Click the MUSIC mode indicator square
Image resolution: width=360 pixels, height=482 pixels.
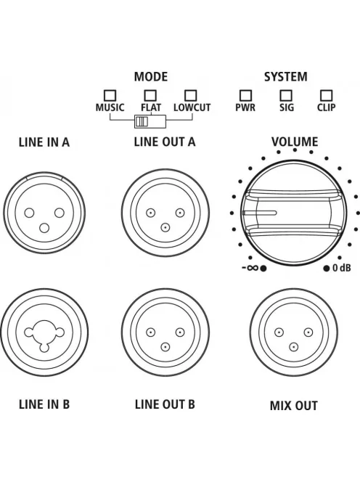point(110,96)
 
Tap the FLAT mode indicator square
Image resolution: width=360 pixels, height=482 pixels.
point(150,96)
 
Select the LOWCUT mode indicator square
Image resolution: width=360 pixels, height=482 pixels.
point(190,96)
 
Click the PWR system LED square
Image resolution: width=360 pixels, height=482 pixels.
point(245,96)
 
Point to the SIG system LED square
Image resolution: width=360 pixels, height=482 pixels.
point(286,96)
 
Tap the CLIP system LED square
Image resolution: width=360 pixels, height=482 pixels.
point(326,96)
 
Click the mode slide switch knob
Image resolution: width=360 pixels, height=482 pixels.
point(142,121)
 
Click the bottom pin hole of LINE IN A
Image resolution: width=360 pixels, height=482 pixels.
point(44,228)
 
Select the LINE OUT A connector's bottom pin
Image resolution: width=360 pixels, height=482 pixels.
point(165,227)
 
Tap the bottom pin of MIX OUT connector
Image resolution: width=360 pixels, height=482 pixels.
point(294,347)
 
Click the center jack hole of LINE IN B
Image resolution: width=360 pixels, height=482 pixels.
point(44,332)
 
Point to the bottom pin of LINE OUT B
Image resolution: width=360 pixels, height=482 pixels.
point(165,347)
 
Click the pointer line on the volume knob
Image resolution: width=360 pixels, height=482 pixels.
point(259,213)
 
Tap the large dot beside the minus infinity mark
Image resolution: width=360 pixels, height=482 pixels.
point(263,269)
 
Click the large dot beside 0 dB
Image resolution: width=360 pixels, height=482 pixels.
point(327,269)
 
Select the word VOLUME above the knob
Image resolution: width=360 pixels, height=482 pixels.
point(295,142)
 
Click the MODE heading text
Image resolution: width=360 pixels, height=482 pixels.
point(151,76)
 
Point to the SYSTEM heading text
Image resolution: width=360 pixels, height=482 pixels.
point(285,76)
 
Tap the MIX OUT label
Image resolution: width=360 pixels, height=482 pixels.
point(294,406)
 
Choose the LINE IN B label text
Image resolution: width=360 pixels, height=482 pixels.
point(44,404)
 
